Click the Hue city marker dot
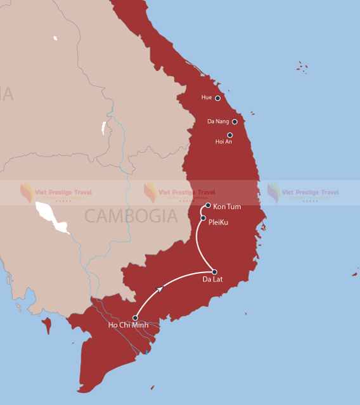(x=217, y=98)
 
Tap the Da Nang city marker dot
(x=235, y=122)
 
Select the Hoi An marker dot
(x=229, y=135)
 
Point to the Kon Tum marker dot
(x=208, y=205)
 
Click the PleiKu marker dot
(x=203, y=218)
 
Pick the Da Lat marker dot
(x=214, y=272)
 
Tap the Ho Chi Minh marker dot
(x=136, y=318)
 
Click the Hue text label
(x=207, y=98)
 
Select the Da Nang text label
(x=218, y=121)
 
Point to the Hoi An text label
(x=224, y=142)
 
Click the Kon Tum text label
(x=227, y=207)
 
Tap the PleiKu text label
(x=218, y=222)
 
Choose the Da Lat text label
(x=212, y=280)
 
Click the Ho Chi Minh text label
(x=128, y=326)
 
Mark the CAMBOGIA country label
(x=131, y=216)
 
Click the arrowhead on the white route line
(x=160, y=289)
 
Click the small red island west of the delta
(x=46, y=326)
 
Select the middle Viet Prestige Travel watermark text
(x=186, y=192)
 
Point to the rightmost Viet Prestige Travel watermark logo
(x=273, y=192)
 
